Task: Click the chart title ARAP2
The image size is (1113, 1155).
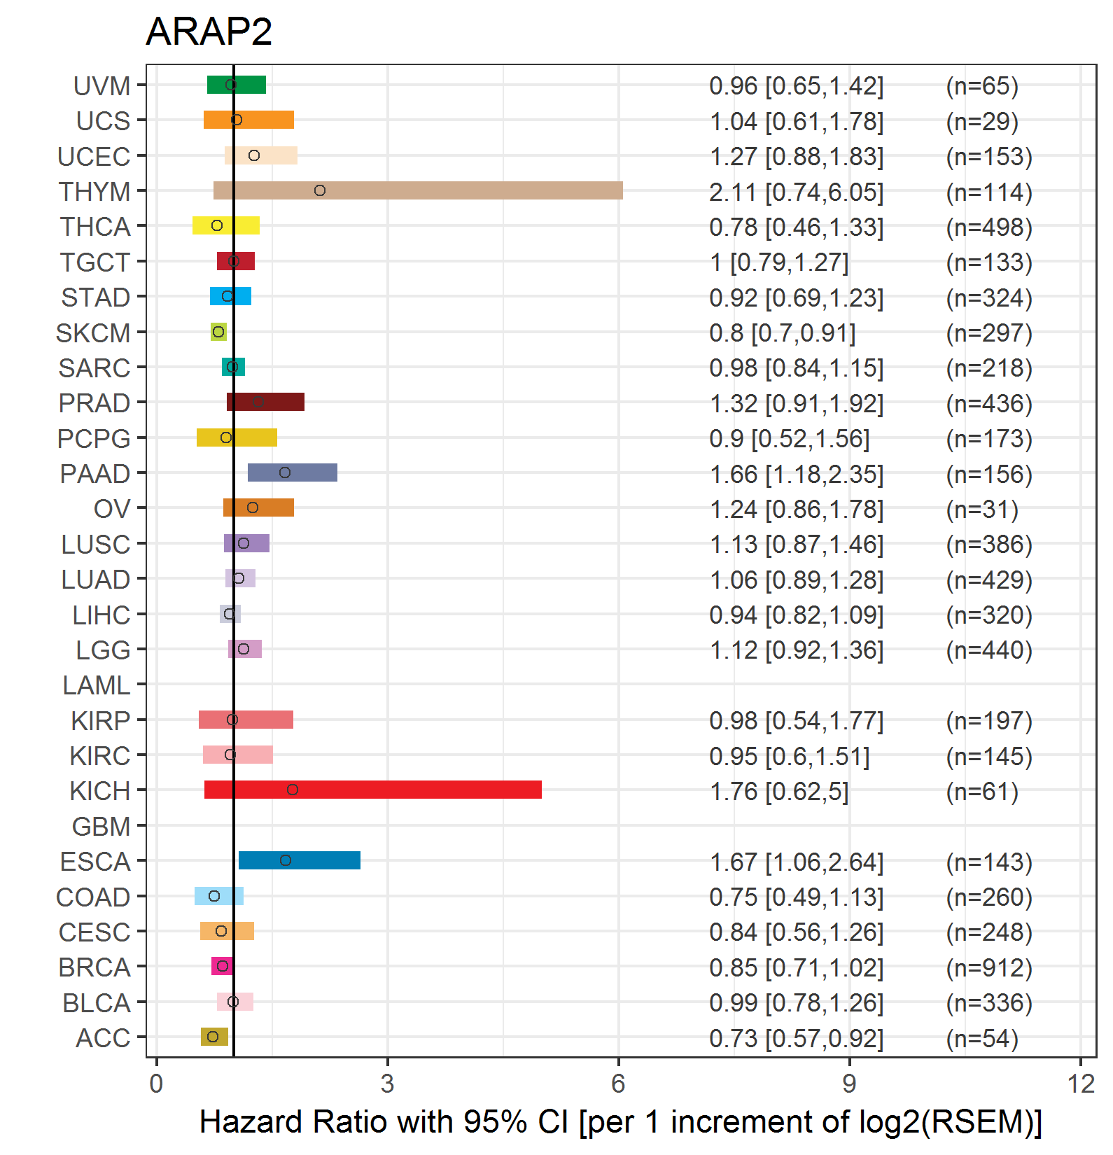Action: pyautogui.click(x=209, y=31)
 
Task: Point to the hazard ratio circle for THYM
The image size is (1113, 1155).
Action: pyautogui.click(x=320, y=190)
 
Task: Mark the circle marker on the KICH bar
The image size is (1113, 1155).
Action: pyautogui.click(x=293, y=790)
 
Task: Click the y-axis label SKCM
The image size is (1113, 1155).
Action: pyautogui.click(x=93, y=333)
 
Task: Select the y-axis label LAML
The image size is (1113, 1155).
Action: pyautogui.click(x=97, y=685)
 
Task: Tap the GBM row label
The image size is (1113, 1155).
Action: pyautogui.click(x=101, y=827)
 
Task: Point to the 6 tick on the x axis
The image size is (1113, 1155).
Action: pyautogui.click(x=618, y=1084)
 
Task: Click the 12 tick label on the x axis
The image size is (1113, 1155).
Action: pyautogui.click(x=1081, y=1084)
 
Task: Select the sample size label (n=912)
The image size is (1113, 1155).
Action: pyautogui.click(x=989, y=967)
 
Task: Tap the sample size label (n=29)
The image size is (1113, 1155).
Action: pyautogui.click(x=982, y=122)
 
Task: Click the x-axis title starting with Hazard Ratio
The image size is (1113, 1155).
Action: pyautogui.click(x=620, y=1121)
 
